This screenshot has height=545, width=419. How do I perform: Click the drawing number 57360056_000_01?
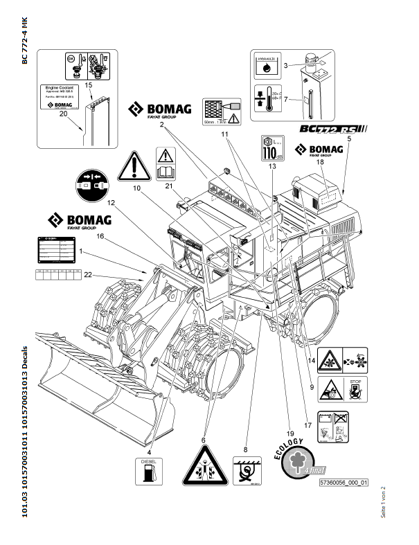coord(343,482)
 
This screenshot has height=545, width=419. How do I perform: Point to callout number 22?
coord(87,276)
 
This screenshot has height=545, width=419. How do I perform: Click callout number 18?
coord(321,162)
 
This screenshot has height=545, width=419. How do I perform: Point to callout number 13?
coord(272,167)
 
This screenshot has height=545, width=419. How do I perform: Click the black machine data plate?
coord(55,249)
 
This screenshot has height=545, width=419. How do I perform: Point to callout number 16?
coord(100,236)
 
